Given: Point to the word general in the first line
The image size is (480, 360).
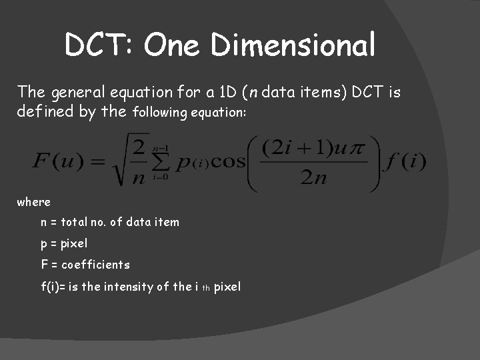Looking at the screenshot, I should pos(75,91).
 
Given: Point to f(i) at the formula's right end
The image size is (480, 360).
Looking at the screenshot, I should pos(405,161).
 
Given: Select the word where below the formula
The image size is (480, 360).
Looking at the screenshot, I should pos(33,201).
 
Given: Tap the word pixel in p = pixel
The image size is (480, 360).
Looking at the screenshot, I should pos(74,243).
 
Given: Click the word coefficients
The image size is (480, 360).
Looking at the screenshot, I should pos(95,265).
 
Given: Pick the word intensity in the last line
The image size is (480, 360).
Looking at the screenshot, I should pos(127,287).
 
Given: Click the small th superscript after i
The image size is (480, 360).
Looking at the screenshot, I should pos(206,288).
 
